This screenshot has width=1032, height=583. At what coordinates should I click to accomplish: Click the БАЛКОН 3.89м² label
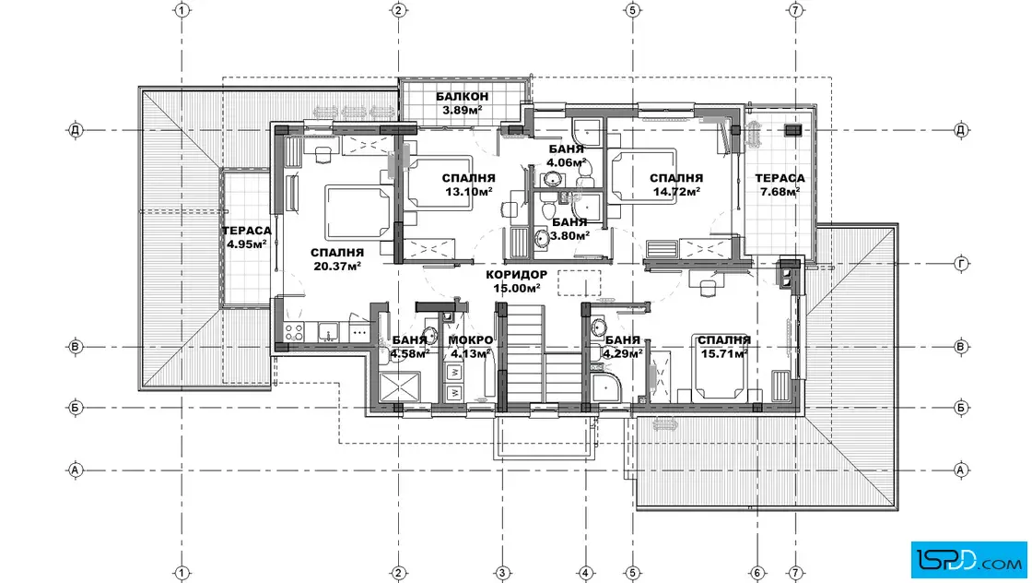462,103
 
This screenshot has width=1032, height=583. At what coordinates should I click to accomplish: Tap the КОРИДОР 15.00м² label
517,281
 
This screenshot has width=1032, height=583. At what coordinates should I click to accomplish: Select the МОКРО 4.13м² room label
471,347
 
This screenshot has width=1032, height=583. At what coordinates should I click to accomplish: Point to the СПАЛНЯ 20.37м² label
337,259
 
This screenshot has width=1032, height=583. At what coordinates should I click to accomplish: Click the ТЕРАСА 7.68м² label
780,185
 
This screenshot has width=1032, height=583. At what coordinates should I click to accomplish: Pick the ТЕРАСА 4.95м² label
247,237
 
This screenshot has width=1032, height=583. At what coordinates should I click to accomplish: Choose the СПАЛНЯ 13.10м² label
469,185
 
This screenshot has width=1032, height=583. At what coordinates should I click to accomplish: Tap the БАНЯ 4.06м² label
566,156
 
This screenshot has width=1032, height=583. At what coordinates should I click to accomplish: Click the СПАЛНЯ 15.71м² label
724,347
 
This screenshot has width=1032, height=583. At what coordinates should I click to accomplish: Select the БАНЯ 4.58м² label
410,347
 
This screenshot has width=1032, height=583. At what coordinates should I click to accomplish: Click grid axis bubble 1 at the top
182,10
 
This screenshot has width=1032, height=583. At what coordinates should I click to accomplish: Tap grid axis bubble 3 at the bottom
502,573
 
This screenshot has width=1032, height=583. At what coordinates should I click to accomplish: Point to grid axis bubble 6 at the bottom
757,573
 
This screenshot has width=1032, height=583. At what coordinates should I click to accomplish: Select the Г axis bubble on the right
961,264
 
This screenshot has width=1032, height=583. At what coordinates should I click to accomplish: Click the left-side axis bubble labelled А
75,470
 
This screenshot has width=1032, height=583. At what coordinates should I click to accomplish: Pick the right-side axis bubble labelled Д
961,130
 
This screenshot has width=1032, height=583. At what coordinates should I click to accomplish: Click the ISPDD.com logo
968,559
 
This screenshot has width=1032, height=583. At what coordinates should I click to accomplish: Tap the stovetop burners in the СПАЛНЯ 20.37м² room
294,330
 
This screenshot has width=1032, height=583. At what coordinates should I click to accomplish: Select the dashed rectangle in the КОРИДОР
580,282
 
